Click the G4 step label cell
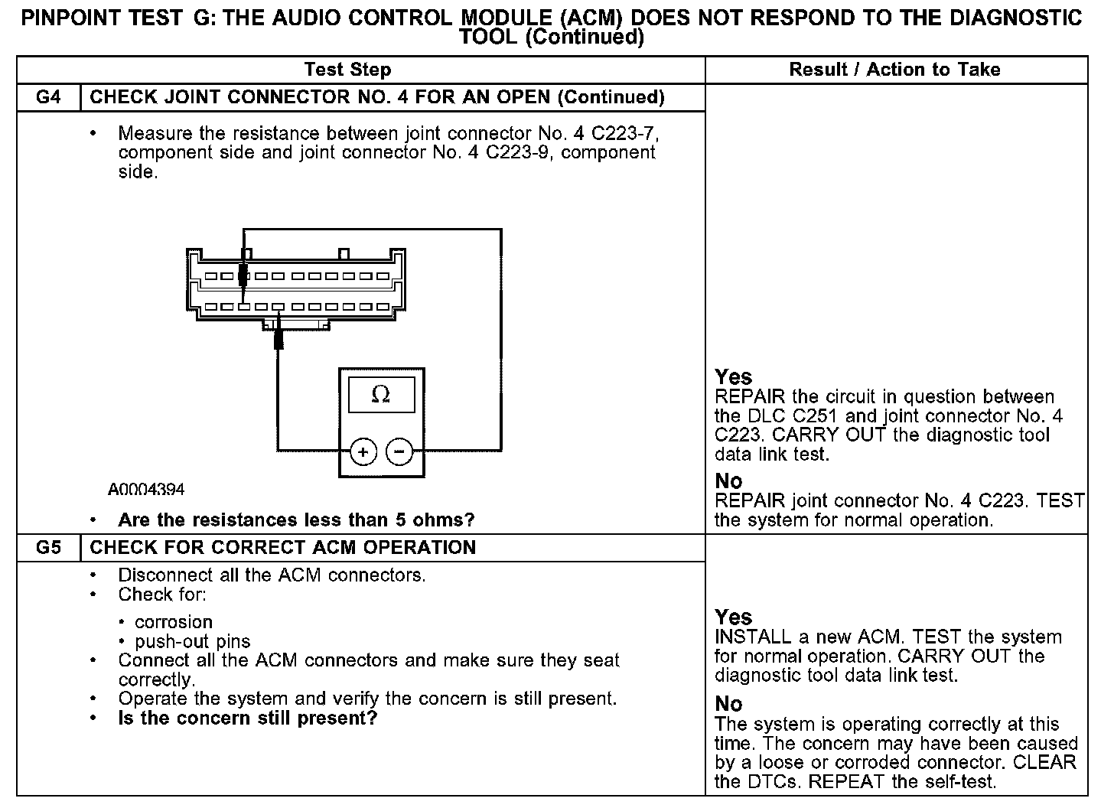point(48,97)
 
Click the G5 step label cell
point(48,548)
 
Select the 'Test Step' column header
point(347,70)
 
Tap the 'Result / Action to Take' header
point(894,70)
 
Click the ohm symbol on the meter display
point(380,395)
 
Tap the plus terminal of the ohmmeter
point(363,451)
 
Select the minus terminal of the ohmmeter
point(399,451)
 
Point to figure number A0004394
point(146,490)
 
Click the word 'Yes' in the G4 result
point(734,377)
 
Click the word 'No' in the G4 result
point(728,481)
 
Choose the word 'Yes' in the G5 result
point(734,617)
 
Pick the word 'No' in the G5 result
point(728,704)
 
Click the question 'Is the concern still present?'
point(248,718)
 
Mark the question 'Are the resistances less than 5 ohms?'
point(296,520)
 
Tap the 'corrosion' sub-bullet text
point(174,622)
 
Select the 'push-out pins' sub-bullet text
point(193,641)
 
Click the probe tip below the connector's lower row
point(278,337)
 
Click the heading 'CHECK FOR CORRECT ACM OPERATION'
point(283,548)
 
